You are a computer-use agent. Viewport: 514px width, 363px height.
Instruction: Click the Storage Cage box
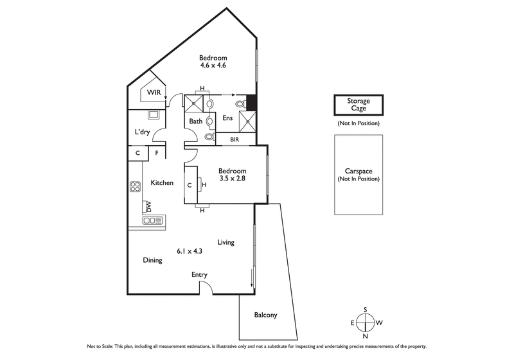click(x=359, y=105)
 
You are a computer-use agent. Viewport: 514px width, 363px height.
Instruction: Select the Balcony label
click(x=265, y=315)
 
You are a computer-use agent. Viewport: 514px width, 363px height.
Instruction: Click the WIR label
click(x=154, y=93)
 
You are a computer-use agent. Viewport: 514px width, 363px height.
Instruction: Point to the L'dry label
click(x=142, y=133)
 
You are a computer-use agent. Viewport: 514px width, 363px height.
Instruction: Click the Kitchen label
click(x=162, y=183)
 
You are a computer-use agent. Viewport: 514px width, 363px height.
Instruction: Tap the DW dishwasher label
click(x=148, y=206)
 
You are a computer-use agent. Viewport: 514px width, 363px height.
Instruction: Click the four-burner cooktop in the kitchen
click(x=136, y=187)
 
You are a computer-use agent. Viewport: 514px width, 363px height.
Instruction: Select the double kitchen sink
click(x=151, y=220)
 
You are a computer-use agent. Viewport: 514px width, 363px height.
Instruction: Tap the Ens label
click(x=227, y=118)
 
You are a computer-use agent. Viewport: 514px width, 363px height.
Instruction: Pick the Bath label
click(x=196, y=121)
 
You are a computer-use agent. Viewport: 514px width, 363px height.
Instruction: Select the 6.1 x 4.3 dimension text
click(x=190, y=251)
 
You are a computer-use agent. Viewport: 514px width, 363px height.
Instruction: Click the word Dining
click(x=152, y=260)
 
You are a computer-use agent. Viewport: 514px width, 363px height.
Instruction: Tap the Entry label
click(x=199, y=275)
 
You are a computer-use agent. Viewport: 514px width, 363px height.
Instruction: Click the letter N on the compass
click(x=366, y=336)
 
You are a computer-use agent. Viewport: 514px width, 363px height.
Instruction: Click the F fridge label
click(x=157, y=153)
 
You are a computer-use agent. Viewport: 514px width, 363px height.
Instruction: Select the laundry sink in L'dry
click(x=155, y=115)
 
